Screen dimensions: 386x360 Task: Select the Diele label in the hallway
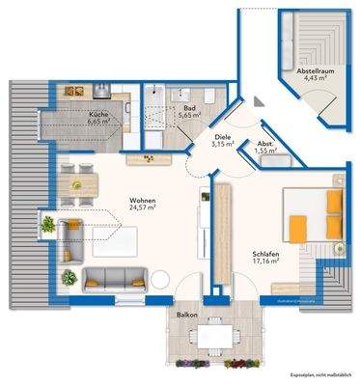point(223,138)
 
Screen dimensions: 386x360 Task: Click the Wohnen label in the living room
point(143,201)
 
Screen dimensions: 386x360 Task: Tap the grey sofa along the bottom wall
point(115,280)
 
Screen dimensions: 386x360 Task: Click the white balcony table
point(206,338)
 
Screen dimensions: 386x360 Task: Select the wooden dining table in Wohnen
point(83,179)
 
